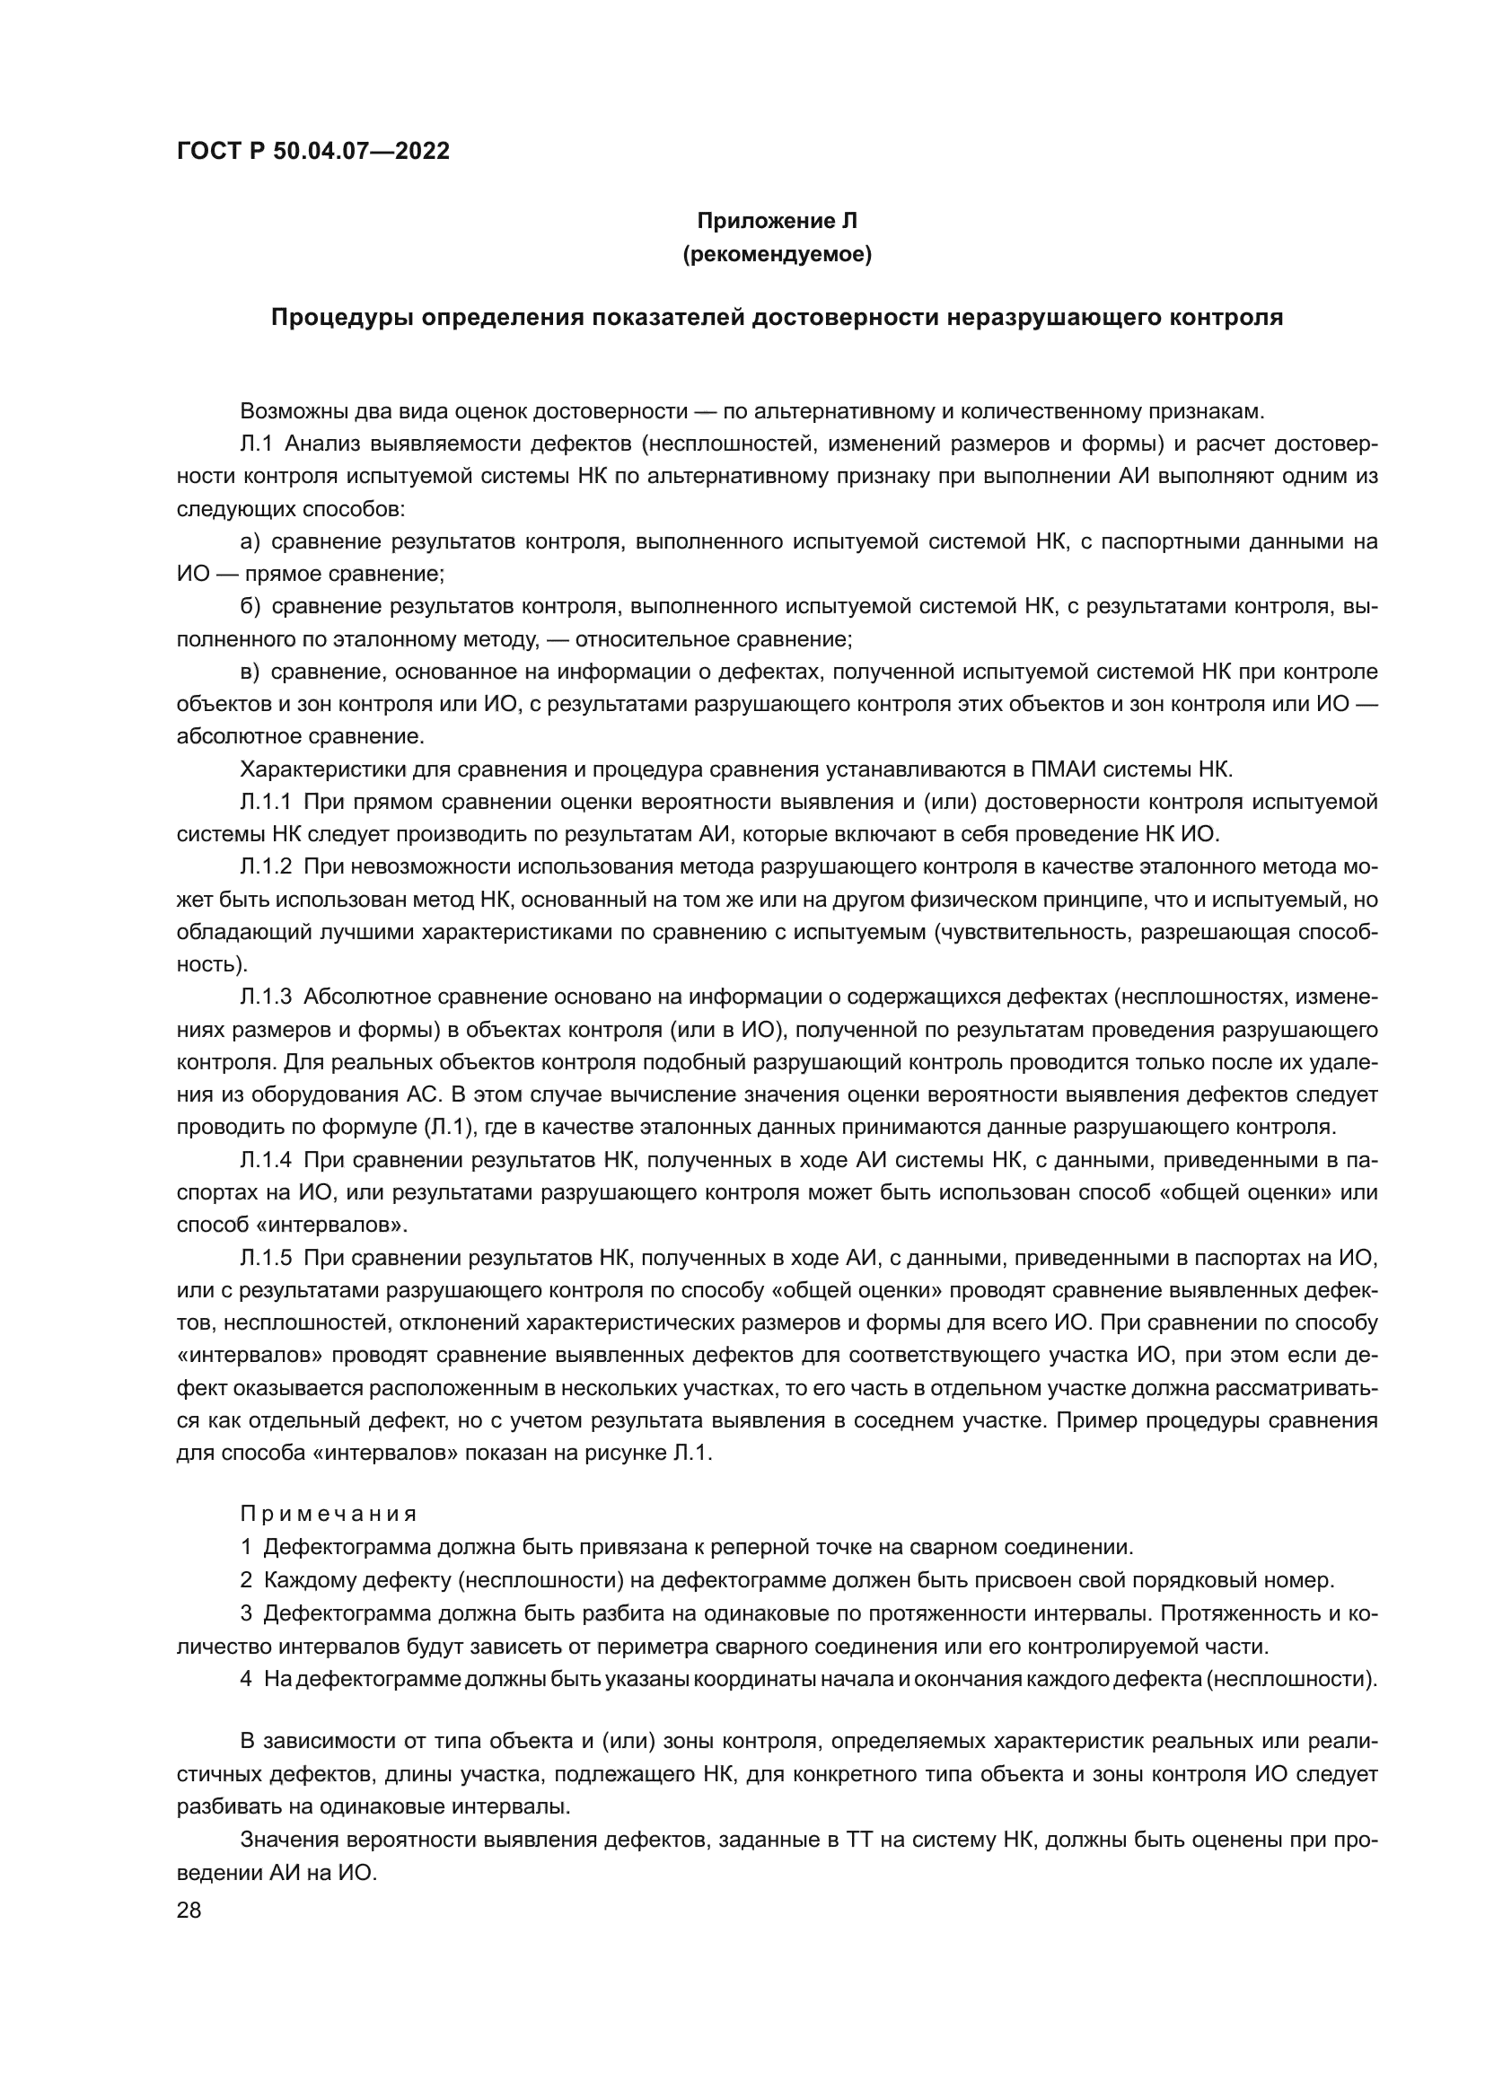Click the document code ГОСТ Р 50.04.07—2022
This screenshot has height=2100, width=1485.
[x=312, y=152]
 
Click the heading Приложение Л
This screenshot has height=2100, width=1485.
[x=777, y=221]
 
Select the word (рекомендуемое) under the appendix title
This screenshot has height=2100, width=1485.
[x=777, y=254]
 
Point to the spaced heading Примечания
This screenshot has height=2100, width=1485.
[x=329, y=1514]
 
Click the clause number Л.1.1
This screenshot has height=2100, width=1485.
[x=265, y=802]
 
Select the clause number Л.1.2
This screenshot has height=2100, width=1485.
[x=265, y=867]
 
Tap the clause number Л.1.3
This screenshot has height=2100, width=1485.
[x=265, y=997]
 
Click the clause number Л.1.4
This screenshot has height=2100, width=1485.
[x=265, y=1160]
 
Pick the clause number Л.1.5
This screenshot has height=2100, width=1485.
[x=265, y=1258]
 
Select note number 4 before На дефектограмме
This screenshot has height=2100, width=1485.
[x=246, y=1679]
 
